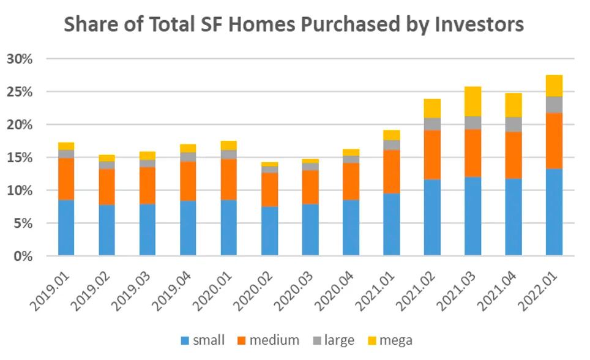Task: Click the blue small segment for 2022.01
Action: pos(554,212)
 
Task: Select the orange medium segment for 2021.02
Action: pos(432,154)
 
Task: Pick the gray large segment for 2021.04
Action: pos(513,124)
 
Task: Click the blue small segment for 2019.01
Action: pos(66,227)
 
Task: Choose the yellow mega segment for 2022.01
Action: pos(554,86)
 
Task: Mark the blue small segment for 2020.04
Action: pos(351,227)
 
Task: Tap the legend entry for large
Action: pos(330,340)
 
